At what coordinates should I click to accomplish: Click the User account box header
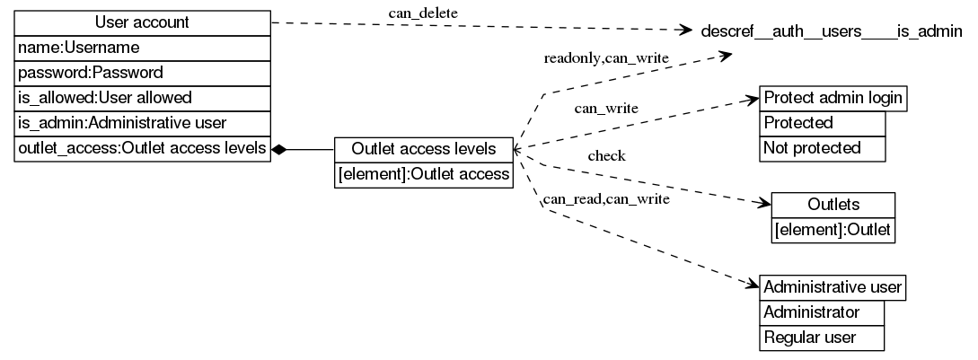point(142,22)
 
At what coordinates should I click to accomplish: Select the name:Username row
point(142,47)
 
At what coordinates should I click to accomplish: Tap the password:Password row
point(142,72)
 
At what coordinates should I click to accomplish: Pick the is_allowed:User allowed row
point(142,97)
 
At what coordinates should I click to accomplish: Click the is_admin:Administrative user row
point(142,122)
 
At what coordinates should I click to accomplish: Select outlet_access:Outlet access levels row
point(142,149)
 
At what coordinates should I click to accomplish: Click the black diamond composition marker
point(279,149)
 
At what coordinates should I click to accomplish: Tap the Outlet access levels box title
point(423,149)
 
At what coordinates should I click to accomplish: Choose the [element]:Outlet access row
point(423,175)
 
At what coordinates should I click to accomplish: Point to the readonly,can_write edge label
point(606,58)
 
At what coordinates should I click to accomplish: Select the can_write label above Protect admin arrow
point(606,108)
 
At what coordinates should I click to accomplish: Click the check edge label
point(606,155)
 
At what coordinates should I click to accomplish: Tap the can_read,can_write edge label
point(606,199)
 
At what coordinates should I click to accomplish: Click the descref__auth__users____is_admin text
point(831,32)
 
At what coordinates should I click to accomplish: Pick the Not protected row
point(823,148)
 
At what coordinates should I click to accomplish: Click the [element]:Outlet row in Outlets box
point(833,231)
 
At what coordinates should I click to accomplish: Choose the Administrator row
point(821,312)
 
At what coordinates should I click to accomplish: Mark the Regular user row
point(821,338)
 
